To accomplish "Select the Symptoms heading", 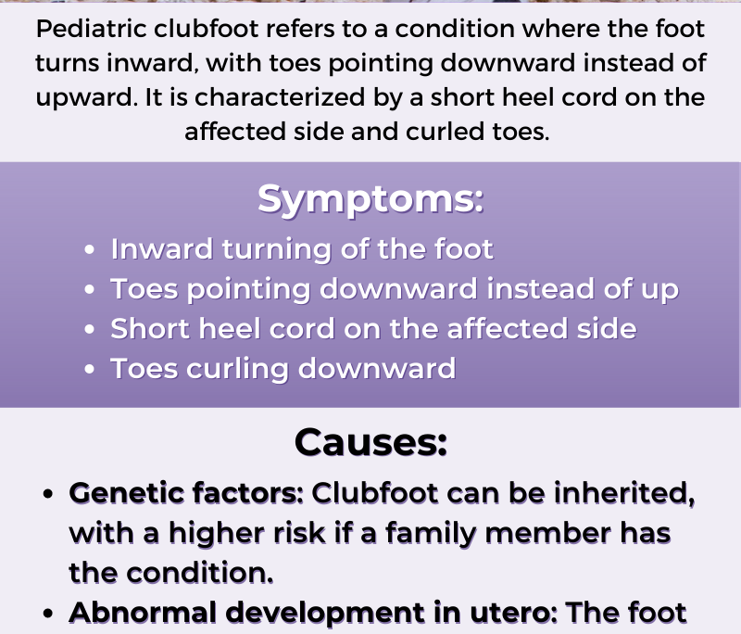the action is (370, 199).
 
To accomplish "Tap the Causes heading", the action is (370, 442).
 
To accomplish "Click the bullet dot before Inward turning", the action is (89, 249).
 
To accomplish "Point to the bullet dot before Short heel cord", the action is (89, 329).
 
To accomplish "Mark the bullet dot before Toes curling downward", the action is (89, 369).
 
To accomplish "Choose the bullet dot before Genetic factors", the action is (48, 494).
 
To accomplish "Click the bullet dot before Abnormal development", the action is (48, 614).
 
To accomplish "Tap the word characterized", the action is (280, 97).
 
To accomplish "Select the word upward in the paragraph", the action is (87, 98).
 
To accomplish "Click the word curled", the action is (446, 132).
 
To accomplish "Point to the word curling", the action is (237, 369).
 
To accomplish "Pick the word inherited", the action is (624, 494).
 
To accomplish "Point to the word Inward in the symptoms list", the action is (161, 248).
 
